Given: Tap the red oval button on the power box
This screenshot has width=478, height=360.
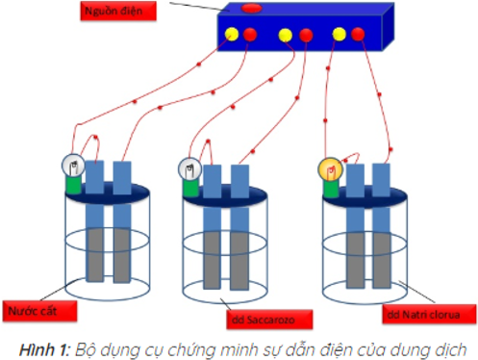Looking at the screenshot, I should tap(251, 9).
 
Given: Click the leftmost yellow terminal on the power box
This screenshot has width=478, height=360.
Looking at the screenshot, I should tap(231, 36).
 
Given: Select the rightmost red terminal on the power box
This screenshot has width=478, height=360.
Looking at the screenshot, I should tap(359, 35).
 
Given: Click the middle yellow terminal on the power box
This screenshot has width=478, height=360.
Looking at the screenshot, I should tap(285, 37).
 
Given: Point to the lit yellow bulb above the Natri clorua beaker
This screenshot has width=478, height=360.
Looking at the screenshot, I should tap(330, 171).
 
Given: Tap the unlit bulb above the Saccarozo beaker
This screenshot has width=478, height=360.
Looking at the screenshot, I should tap(189, 169).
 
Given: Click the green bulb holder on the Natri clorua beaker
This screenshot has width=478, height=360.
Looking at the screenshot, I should tap(332, 188).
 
